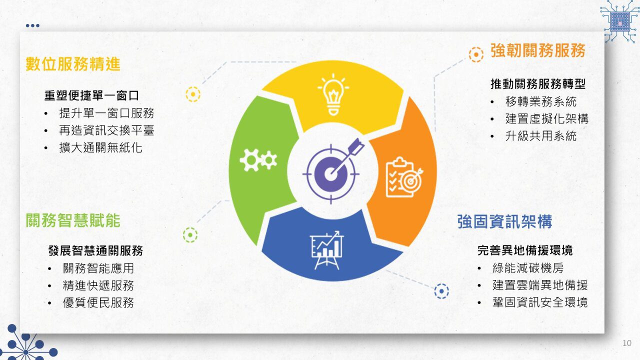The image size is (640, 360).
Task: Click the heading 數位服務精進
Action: coord(73,63)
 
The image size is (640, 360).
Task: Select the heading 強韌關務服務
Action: coord(538,50)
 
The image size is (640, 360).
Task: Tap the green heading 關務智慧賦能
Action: coord(73,220)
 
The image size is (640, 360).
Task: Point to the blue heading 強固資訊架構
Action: coord(504,221)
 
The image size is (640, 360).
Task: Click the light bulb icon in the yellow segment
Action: coord(333,94)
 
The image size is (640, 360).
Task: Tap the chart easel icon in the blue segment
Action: coord(327,250)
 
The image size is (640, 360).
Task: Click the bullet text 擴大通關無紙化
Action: coord(100,147)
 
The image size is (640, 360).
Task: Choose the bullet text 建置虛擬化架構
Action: coord(547,118)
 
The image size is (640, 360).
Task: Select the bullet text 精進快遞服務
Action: coord(98,285)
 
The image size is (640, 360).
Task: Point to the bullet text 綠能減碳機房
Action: coord(528,268)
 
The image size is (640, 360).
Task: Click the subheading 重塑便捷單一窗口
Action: coord(91,95)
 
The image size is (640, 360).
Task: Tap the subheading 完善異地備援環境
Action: coord(525,250)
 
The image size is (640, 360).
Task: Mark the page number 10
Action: coord(627,343)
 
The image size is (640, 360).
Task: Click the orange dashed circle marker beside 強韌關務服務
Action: coord(476,54)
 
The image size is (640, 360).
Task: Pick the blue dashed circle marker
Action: coord(441,291)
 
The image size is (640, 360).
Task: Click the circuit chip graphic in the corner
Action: coord(619,21)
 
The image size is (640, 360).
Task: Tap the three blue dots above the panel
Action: coord(32,25)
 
